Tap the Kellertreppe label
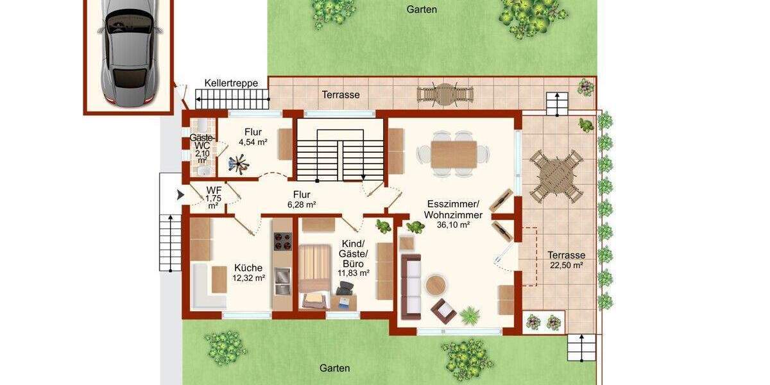[x=231, y=83]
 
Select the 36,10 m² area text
[x=454, y=225]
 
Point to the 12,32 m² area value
[x=250, y=278]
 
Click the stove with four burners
[x=283, y=241]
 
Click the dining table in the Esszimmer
[x=454, y=154]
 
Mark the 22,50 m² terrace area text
[x=567, y=265]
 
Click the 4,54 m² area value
[x=252, y=142]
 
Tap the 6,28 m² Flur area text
[x=301, y=205]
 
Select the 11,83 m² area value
[x=353, y=273]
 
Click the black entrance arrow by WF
[x=180, y=193]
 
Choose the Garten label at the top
[x=422, y=9]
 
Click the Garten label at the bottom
[x=335, y=368]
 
